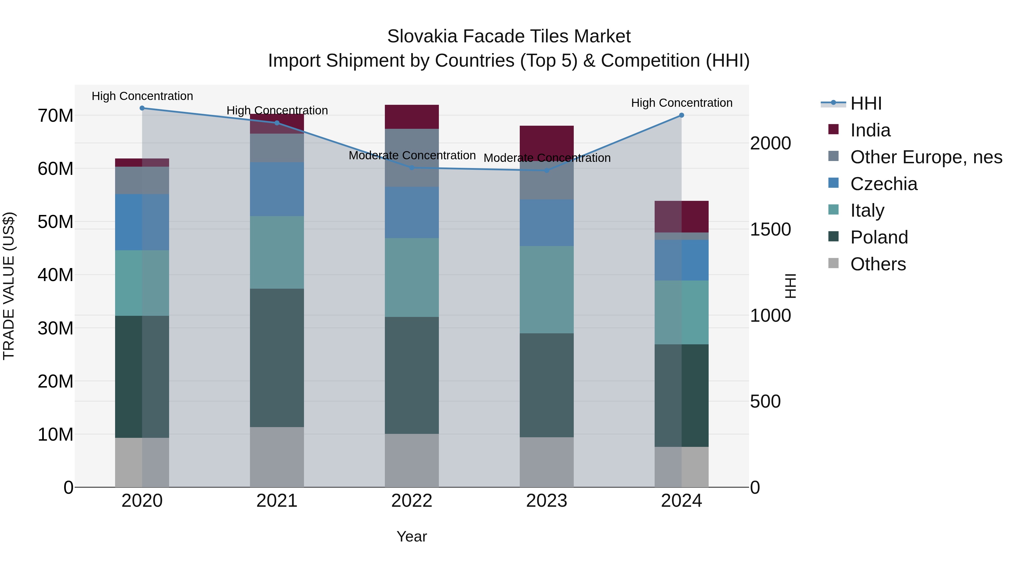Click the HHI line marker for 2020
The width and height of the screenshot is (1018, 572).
click(x=142, y=108)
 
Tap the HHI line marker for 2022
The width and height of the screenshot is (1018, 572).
click(x=412, y=168)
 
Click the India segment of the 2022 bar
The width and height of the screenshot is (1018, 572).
click(x=412, y=117)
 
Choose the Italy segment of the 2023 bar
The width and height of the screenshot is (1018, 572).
click(x=547, y=290)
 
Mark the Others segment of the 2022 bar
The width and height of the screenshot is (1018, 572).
click(x=412, y=460)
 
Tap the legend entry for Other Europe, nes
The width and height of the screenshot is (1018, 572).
click(x=926, y=157)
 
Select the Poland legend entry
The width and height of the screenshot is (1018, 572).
click(x=879, y=237)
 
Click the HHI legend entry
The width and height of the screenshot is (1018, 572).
click(x=866, y=103)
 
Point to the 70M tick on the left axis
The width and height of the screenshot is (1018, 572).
click(x=55, y=116)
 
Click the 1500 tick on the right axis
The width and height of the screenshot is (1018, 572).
click(x=770, y=229)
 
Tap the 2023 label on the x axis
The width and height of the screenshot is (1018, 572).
click(x=547, y=501)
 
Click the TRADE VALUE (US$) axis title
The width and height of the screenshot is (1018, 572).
click(x=9, y=286)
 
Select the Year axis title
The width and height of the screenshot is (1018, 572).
click(x=412, y=536)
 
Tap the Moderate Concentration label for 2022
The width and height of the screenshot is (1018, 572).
click(x=412, y=156)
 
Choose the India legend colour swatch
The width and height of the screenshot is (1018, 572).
click(x=833, y=129)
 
